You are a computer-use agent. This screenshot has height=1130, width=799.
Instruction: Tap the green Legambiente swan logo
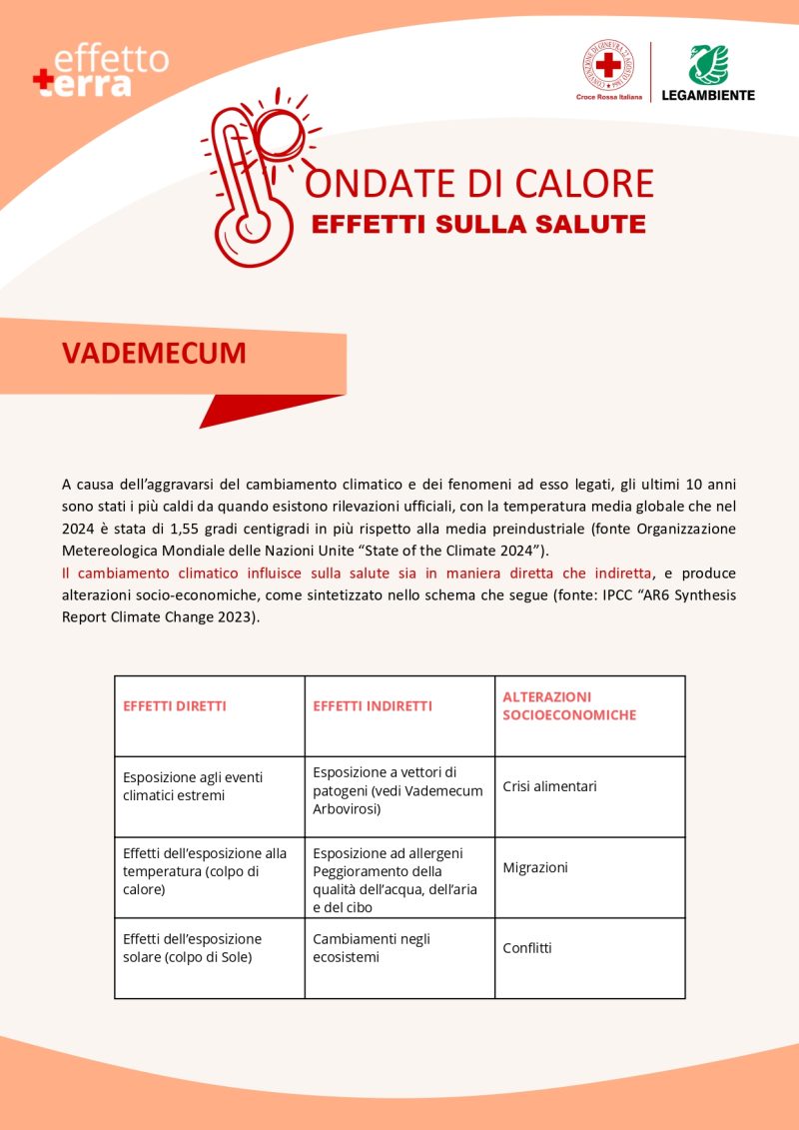(707, 65)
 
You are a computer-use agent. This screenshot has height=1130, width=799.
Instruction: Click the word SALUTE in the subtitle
(595, 224)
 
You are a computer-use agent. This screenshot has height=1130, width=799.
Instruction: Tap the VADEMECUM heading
(154, 354)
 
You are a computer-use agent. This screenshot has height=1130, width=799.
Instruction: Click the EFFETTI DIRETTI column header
(175, 706)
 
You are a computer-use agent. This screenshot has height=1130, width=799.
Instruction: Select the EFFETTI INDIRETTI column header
(373, 706)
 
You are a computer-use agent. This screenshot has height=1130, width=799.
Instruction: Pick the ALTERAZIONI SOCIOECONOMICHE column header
(569, 706)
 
